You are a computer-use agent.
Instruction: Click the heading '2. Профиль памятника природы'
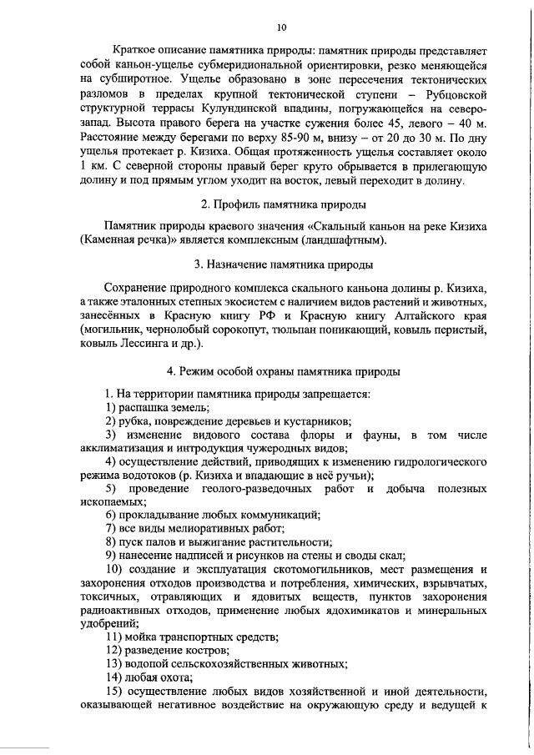click(x=282, y=204)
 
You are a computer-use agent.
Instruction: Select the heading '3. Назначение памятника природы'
click(x=283, y=264)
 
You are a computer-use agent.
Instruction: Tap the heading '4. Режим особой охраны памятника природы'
click(x=283, y=370)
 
